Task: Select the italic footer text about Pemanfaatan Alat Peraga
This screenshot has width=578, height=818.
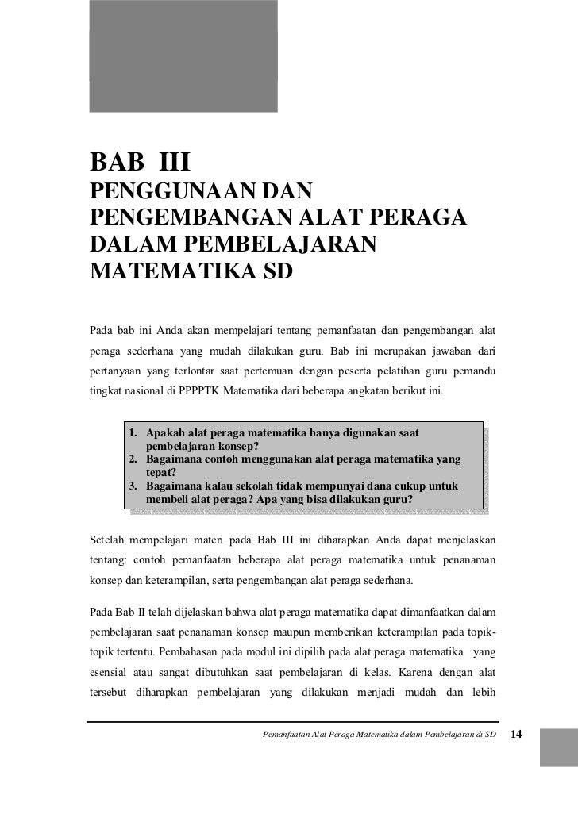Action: point(378,734)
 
